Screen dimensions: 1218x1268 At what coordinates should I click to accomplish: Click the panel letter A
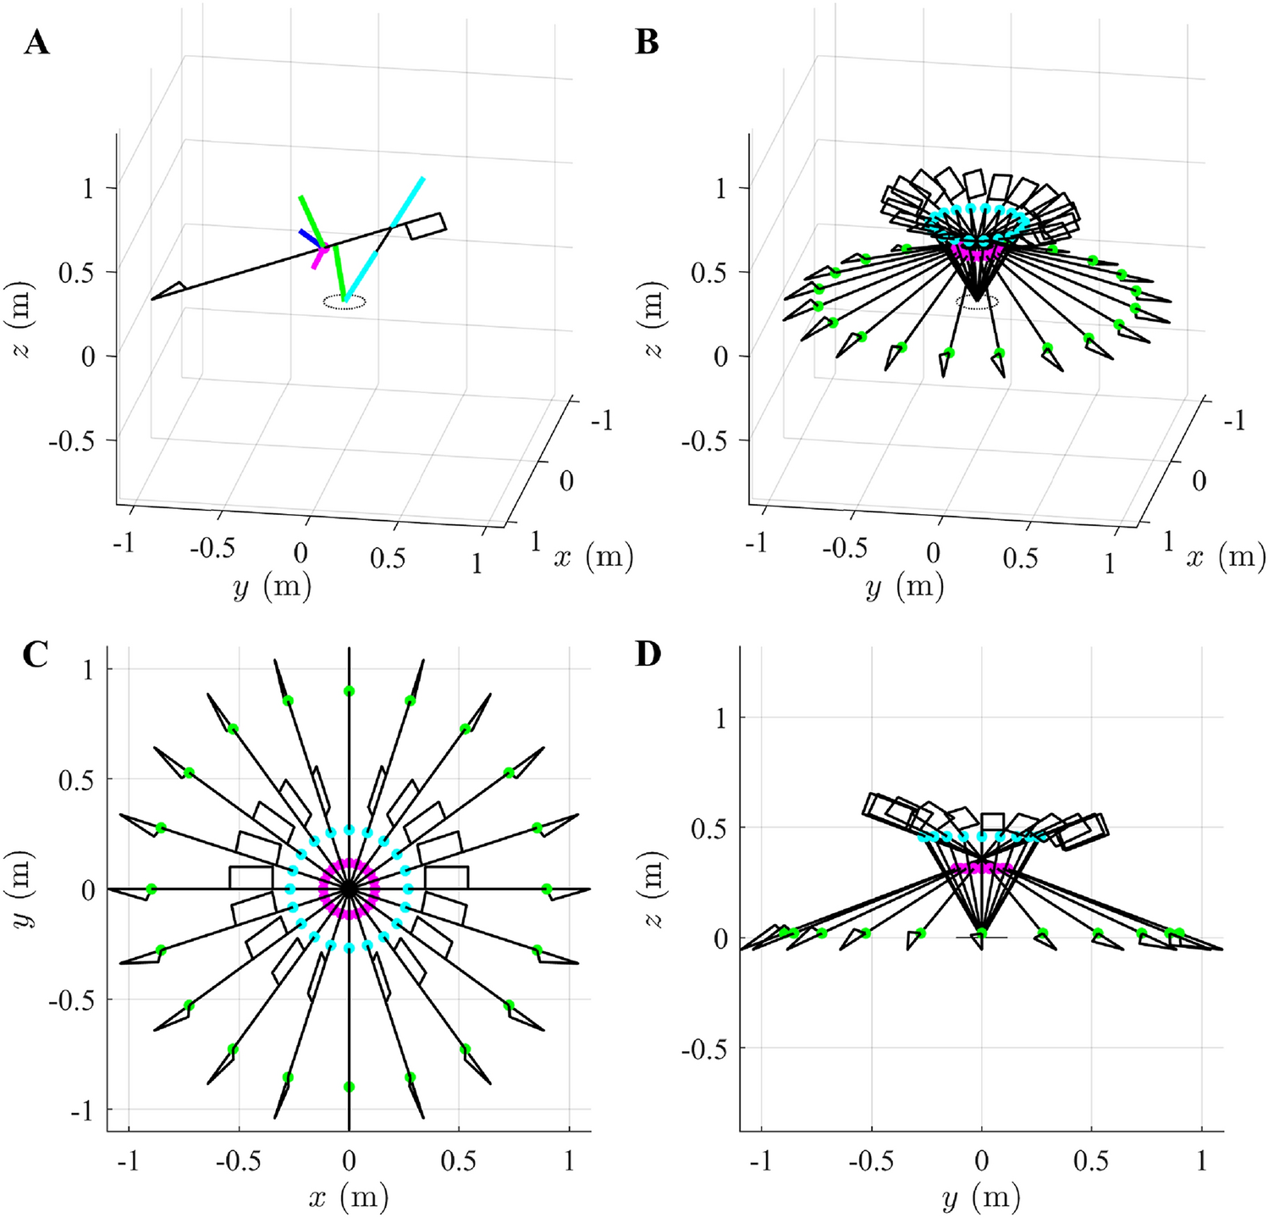[36, 42]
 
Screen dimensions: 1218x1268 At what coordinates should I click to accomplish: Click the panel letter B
[647, 42]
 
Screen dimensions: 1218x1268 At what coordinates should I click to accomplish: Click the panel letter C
[36, 654]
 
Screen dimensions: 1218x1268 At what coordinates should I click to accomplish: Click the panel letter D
[648, 654]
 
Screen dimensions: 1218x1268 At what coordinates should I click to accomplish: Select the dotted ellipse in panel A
[345, 302]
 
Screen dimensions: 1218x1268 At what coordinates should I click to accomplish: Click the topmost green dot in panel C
[349, 692]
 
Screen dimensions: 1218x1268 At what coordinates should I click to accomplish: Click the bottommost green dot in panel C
[349, 1087]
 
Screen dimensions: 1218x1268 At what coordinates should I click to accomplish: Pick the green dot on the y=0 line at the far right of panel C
[547, 889]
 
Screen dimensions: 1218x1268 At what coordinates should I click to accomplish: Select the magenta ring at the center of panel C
[349, 889]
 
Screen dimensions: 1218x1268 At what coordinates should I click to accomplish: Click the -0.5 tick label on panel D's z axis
[704, 1049]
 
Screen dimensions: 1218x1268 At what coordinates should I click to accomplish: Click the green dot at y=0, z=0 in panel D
[981, 933]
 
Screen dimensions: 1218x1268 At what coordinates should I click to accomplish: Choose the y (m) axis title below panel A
[271, 586]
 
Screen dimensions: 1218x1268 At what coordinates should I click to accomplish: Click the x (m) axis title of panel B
[1228, 556]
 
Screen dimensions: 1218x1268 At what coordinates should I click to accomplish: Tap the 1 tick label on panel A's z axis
[88, 187]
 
